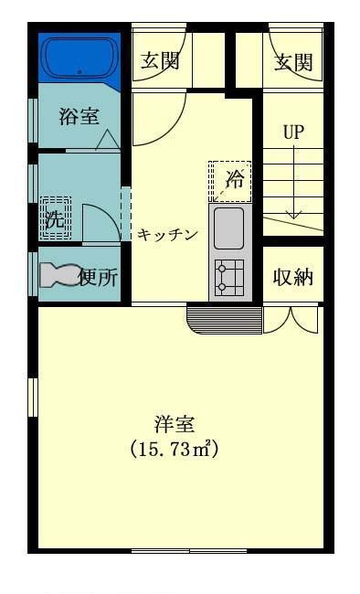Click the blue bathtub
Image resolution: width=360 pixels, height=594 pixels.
coord(79,58)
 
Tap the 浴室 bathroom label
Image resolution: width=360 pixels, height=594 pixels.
coord(79,116)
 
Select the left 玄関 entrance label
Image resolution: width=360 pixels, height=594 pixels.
coord(160,60)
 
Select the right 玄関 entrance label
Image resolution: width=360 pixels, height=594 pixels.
coord(293,62)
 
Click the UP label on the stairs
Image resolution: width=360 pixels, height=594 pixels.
coord(293,132)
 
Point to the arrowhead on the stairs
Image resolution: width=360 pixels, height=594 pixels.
coord(293,215)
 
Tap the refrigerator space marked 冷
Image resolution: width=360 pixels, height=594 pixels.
coord(230,182)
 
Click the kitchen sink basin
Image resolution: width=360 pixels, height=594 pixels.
coord(228,228)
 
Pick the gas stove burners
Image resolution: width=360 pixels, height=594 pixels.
coord(229,278)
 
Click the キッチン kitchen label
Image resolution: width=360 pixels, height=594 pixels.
coord(167,235)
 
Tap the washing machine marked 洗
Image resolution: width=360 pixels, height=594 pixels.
coord(56,217)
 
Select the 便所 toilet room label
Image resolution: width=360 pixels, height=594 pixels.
coord(99,278)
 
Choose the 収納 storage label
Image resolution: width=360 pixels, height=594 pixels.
coord(293,277)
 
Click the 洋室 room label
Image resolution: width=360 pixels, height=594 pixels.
coord(175,424)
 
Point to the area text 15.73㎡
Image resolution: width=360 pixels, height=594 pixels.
coord(175,450)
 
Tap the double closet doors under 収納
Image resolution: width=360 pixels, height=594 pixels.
coord(291,320)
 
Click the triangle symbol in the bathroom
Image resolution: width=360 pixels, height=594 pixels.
coord(108,140)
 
